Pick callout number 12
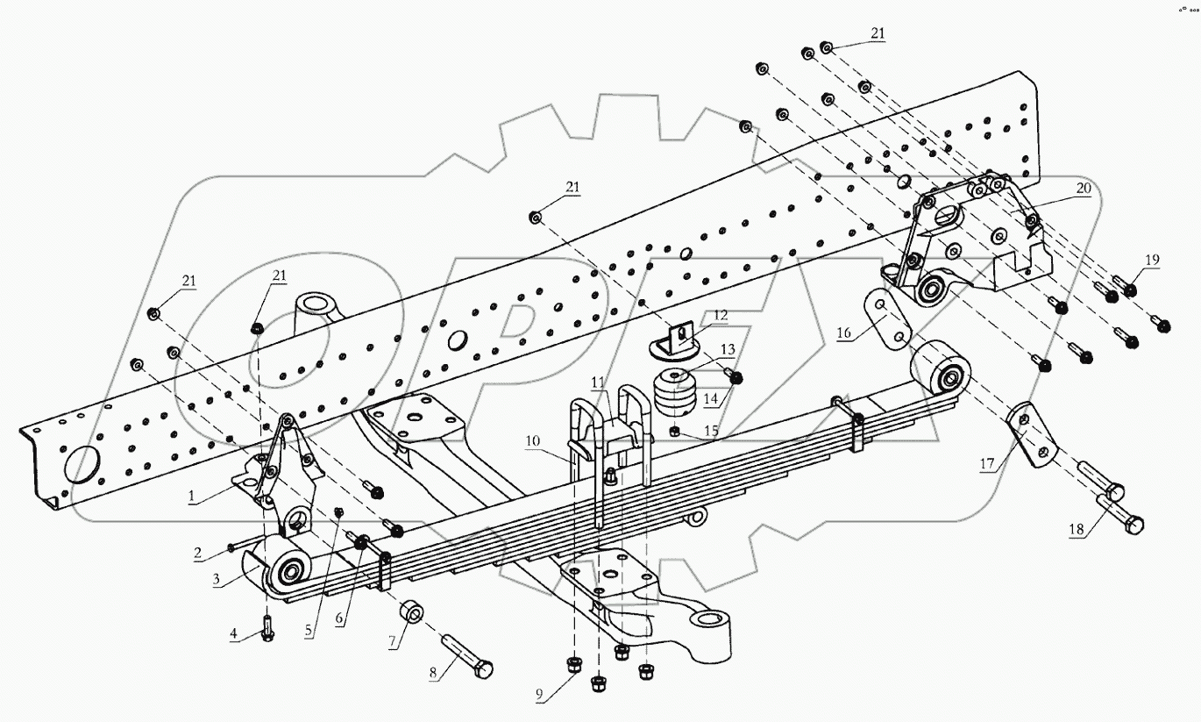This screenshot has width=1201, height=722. pos(720,314)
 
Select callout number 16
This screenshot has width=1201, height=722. pos(843,332)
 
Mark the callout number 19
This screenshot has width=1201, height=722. pos(1151,259)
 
